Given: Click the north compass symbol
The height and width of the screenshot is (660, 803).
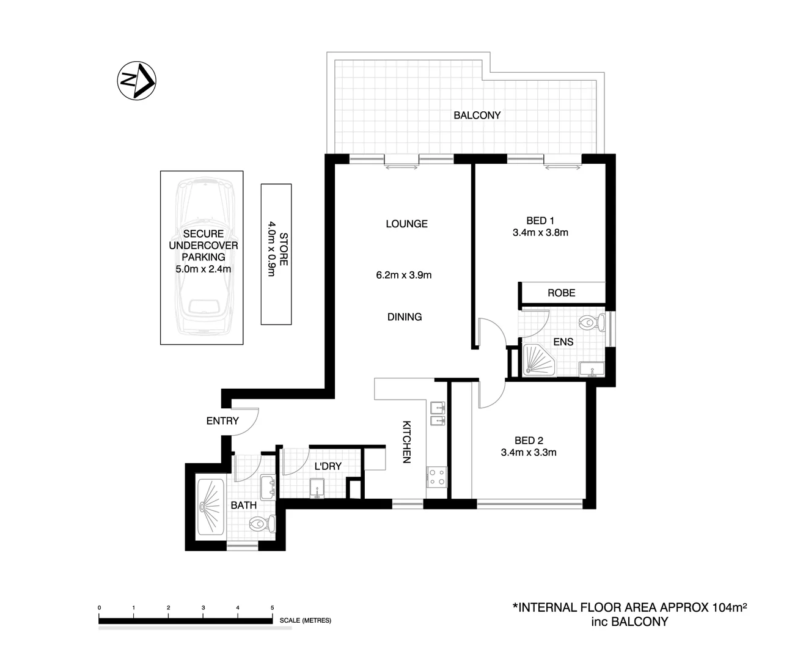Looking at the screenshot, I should click(x=136, y=80).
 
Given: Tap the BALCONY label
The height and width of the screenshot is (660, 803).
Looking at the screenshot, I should click(x=477, y=115).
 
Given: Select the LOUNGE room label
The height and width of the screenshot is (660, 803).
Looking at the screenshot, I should click(x=406, y=224).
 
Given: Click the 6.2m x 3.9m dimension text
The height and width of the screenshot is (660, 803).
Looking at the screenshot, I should click(x=403, y=275).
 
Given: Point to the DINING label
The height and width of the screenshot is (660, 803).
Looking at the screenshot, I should click(x=405, y=317).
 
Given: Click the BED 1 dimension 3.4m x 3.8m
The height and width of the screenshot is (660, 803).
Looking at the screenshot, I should click(x=540, y=232).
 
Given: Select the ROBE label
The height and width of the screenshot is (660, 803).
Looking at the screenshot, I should click(x=561, y=293).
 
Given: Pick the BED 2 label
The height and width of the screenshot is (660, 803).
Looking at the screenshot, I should click(x=529, y=440).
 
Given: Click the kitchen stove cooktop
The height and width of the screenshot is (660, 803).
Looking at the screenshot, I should click(x=437, y=477).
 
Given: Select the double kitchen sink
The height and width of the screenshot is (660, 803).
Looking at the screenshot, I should click(x=437, y=414).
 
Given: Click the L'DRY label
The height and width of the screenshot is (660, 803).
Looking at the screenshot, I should click(x=328, y=466).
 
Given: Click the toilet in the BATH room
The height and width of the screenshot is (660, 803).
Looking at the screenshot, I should click(x=263, y=524).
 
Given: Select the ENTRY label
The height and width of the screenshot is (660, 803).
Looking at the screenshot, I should click(x=222, y=420).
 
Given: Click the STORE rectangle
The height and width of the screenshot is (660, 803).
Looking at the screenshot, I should click(x=276, y=254).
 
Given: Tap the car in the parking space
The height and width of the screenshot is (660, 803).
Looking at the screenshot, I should click(x=202, y=257).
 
